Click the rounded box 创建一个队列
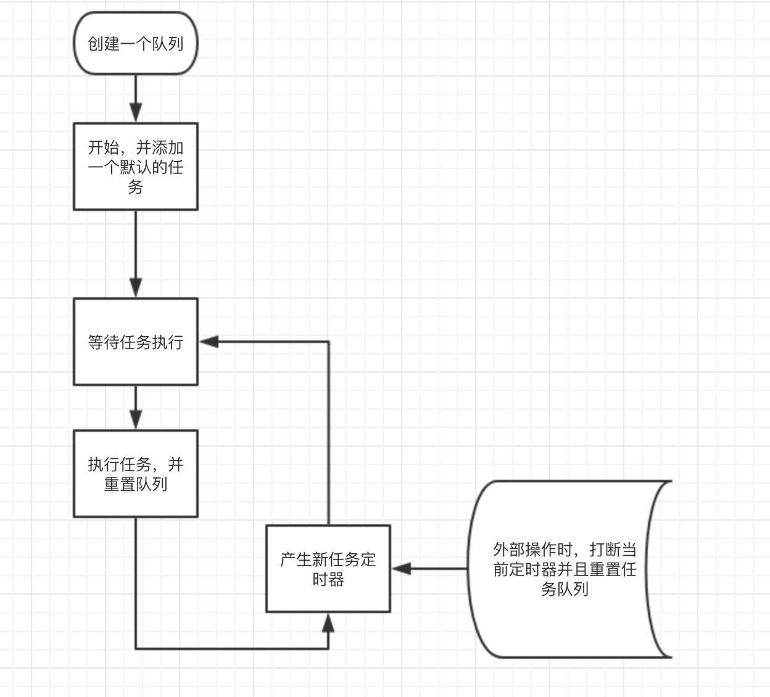[136, 43]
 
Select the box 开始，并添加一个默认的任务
[136, 167]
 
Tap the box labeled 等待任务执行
[136, 342]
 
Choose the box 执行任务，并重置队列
[136, 473]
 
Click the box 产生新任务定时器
[328, 569]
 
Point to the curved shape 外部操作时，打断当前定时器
[565, 569]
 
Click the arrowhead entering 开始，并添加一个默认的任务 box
[136, 112]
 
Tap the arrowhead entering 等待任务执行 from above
[136, 287]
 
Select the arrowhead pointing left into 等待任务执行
[209, 342]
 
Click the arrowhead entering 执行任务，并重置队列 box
[136, 419]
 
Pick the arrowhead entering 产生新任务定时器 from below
[328, 622]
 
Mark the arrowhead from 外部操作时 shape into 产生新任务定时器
[402, 569]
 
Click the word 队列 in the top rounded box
[168, 44]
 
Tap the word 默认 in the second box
[136, 167]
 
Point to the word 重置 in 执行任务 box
[120, 484]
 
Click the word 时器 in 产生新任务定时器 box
[328, 580]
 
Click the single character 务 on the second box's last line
[136, 187]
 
